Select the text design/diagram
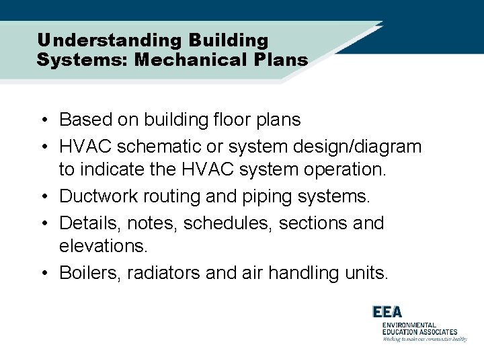click(357, 146)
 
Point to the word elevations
click(103, 247)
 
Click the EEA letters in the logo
click(388, 313)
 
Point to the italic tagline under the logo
click(424, 339)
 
